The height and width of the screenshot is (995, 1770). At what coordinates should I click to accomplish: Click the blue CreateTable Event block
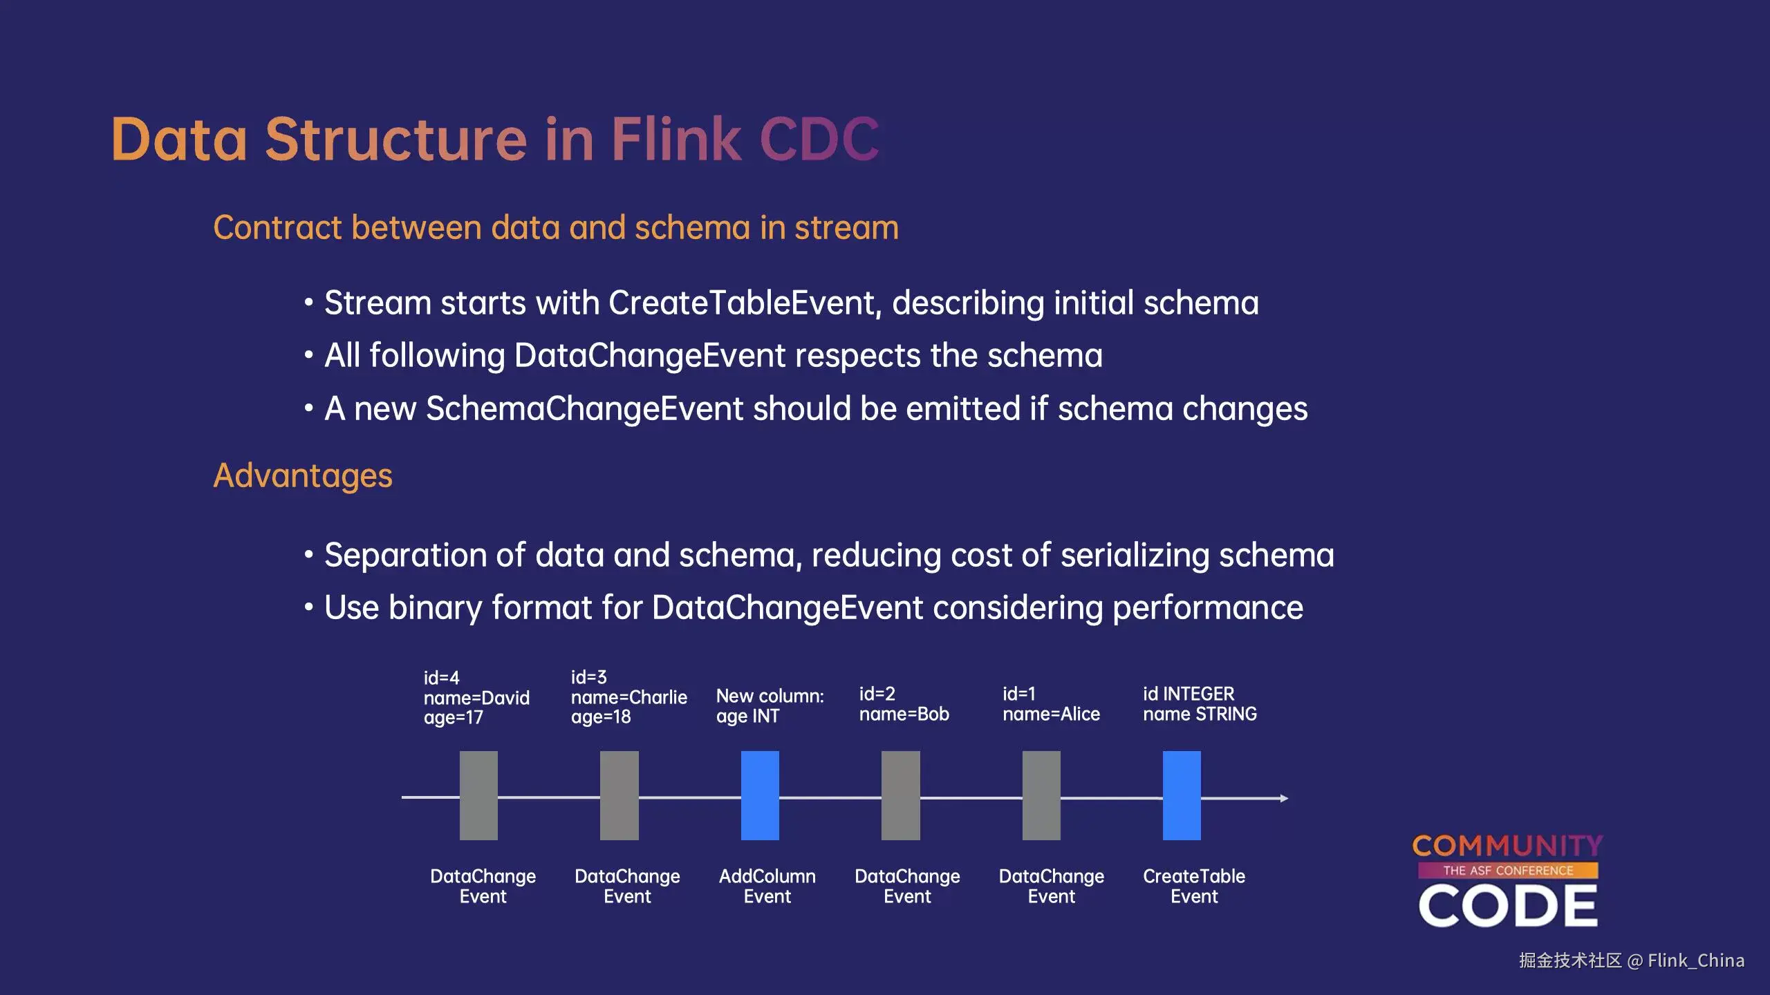[x=1182, y=795]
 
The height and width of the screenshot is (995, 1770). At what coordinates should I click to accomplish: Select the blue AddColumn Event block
[x=760, y=795]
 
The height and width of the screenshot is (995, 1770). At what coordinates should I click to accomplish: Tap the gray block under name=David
[x=478, y=795]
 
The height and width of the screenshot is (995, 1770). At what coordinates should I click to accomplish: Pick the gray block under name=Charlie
[x=619, y=795]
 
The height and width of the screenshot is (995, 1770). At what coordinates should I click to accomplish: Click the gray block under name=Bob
[x=900, y=795]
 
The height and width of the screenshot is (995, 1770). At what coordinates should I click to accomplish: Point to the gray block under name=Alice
[x=1041, y=795]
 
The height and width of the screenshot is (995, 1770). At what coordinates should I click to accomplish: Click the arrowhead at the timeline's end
[x=1284, y=798]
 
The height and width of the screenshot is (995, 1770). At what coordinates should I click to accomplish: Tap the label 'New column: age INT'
[x=770, y=705]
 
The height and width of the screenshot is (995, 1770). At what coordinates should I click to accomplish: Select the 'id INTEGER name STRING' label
[x=1200, y=703]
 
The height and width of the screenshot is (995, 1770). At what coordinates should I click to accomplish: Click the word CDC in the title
[x=819, y=139]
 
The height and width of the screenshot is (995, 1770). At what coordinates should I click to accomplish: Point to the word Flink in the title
[x=676, y=139]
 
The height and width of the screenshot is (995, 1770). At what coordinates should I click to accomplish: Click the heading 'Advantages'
[x=303, y=475]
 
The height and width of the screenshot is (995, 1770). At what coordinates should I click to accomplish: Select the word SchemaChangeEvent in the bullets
[x=584, y=408]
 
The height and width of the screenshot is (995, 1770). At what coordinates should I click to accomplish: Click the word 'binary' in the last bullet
[x=435, y=608]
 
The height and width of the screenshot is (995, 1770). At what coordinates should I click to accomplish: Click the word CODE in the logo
[x=1508, y=906]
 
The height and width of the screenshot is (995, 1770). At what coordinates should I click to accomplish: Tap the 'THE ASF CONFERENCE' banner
[x=1508, y=871]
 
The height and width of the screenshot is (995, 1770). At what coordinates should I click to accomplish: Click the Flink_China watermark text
[x=1695, y=960]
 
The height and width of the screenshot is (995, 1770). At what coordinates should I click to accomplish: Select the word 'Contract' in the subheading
[x=277, y=227]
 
